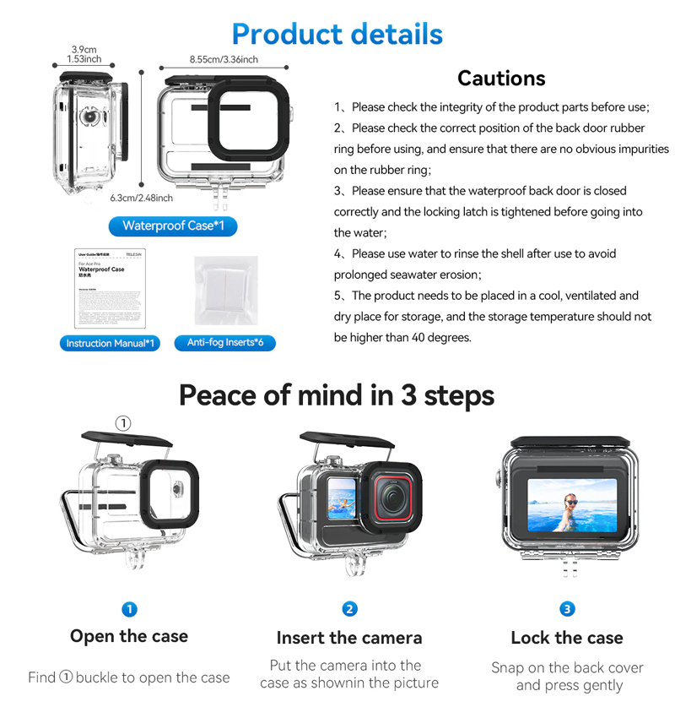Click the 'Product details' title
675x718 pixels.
(337, 34)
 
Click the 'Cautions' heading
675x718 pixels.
(501, 79)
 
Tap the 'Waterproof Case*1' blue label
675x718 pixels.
(173, 226)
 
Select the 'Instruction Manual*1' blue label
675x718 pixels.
(111, 343)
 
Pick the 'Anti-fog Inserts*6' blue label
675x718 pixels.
(224, 342)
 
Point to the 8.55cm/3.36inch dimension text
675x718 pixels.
(224, 60)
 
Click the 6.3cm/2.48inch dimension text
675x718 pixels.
(141, 198)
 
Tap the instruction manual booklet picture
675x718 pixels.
(111, 288)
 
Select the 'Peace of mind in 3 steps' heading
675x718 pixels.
(337, 395)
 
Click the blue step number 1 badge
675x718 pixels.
(129, 609)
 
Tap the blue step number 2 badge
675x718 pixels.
(349, 609)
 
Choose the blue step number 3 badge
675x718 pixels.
(567, 609)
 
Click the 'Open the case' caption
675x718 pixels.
(129, 636)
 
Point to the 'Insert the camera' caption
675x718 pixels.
(349, 638)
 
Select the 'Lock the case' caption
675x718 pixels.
(567, 638)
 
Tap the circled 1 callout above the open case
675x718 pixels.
(122, 423)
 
